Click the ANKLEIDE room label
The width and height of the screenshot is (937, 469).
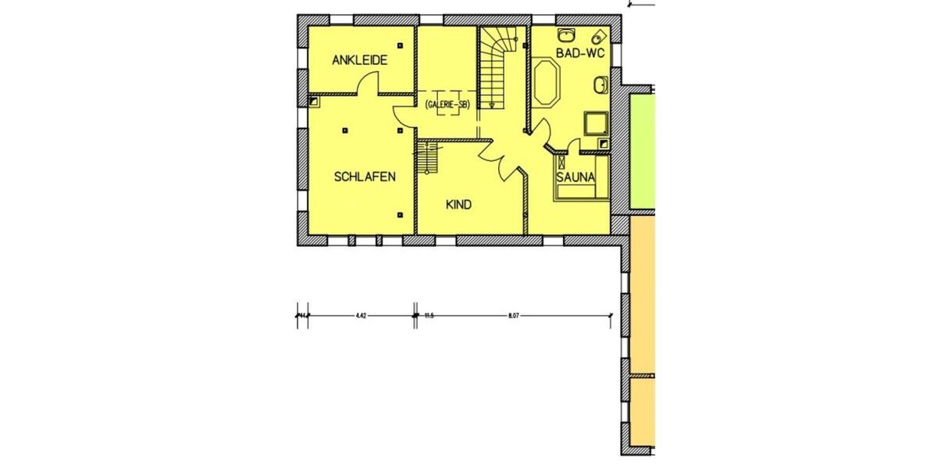pyautogui.click(x=359, y=60)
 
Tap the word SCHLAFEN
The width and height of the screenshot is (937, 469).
pyautogui.click(x=365, y=177)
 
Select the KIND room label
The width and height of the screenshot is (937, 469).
pyautogui.click(x=458, y=205)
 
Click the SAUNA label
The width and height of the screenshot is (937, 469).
pyautogui.click(x=575, y=177)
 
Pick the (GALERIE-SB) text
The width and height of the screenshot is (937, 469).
pyautogui.click(x=447, y=106)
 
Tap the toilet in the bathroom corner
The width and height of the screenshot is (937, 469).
pyautogui.click(x=599, y=37)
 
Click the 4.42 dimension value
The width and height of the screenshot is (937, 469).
pyautogui.click(x=360, y=317)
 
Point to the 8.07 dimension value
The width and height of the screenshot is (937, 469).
pyautogui.click(x=513, y=317)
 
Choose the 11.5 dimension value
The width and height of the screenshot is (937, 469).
pyautogui.click(x=429, y=317)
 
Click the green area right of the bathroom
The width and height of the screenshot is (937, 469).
pyautogui.click(x=641, y=149)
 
